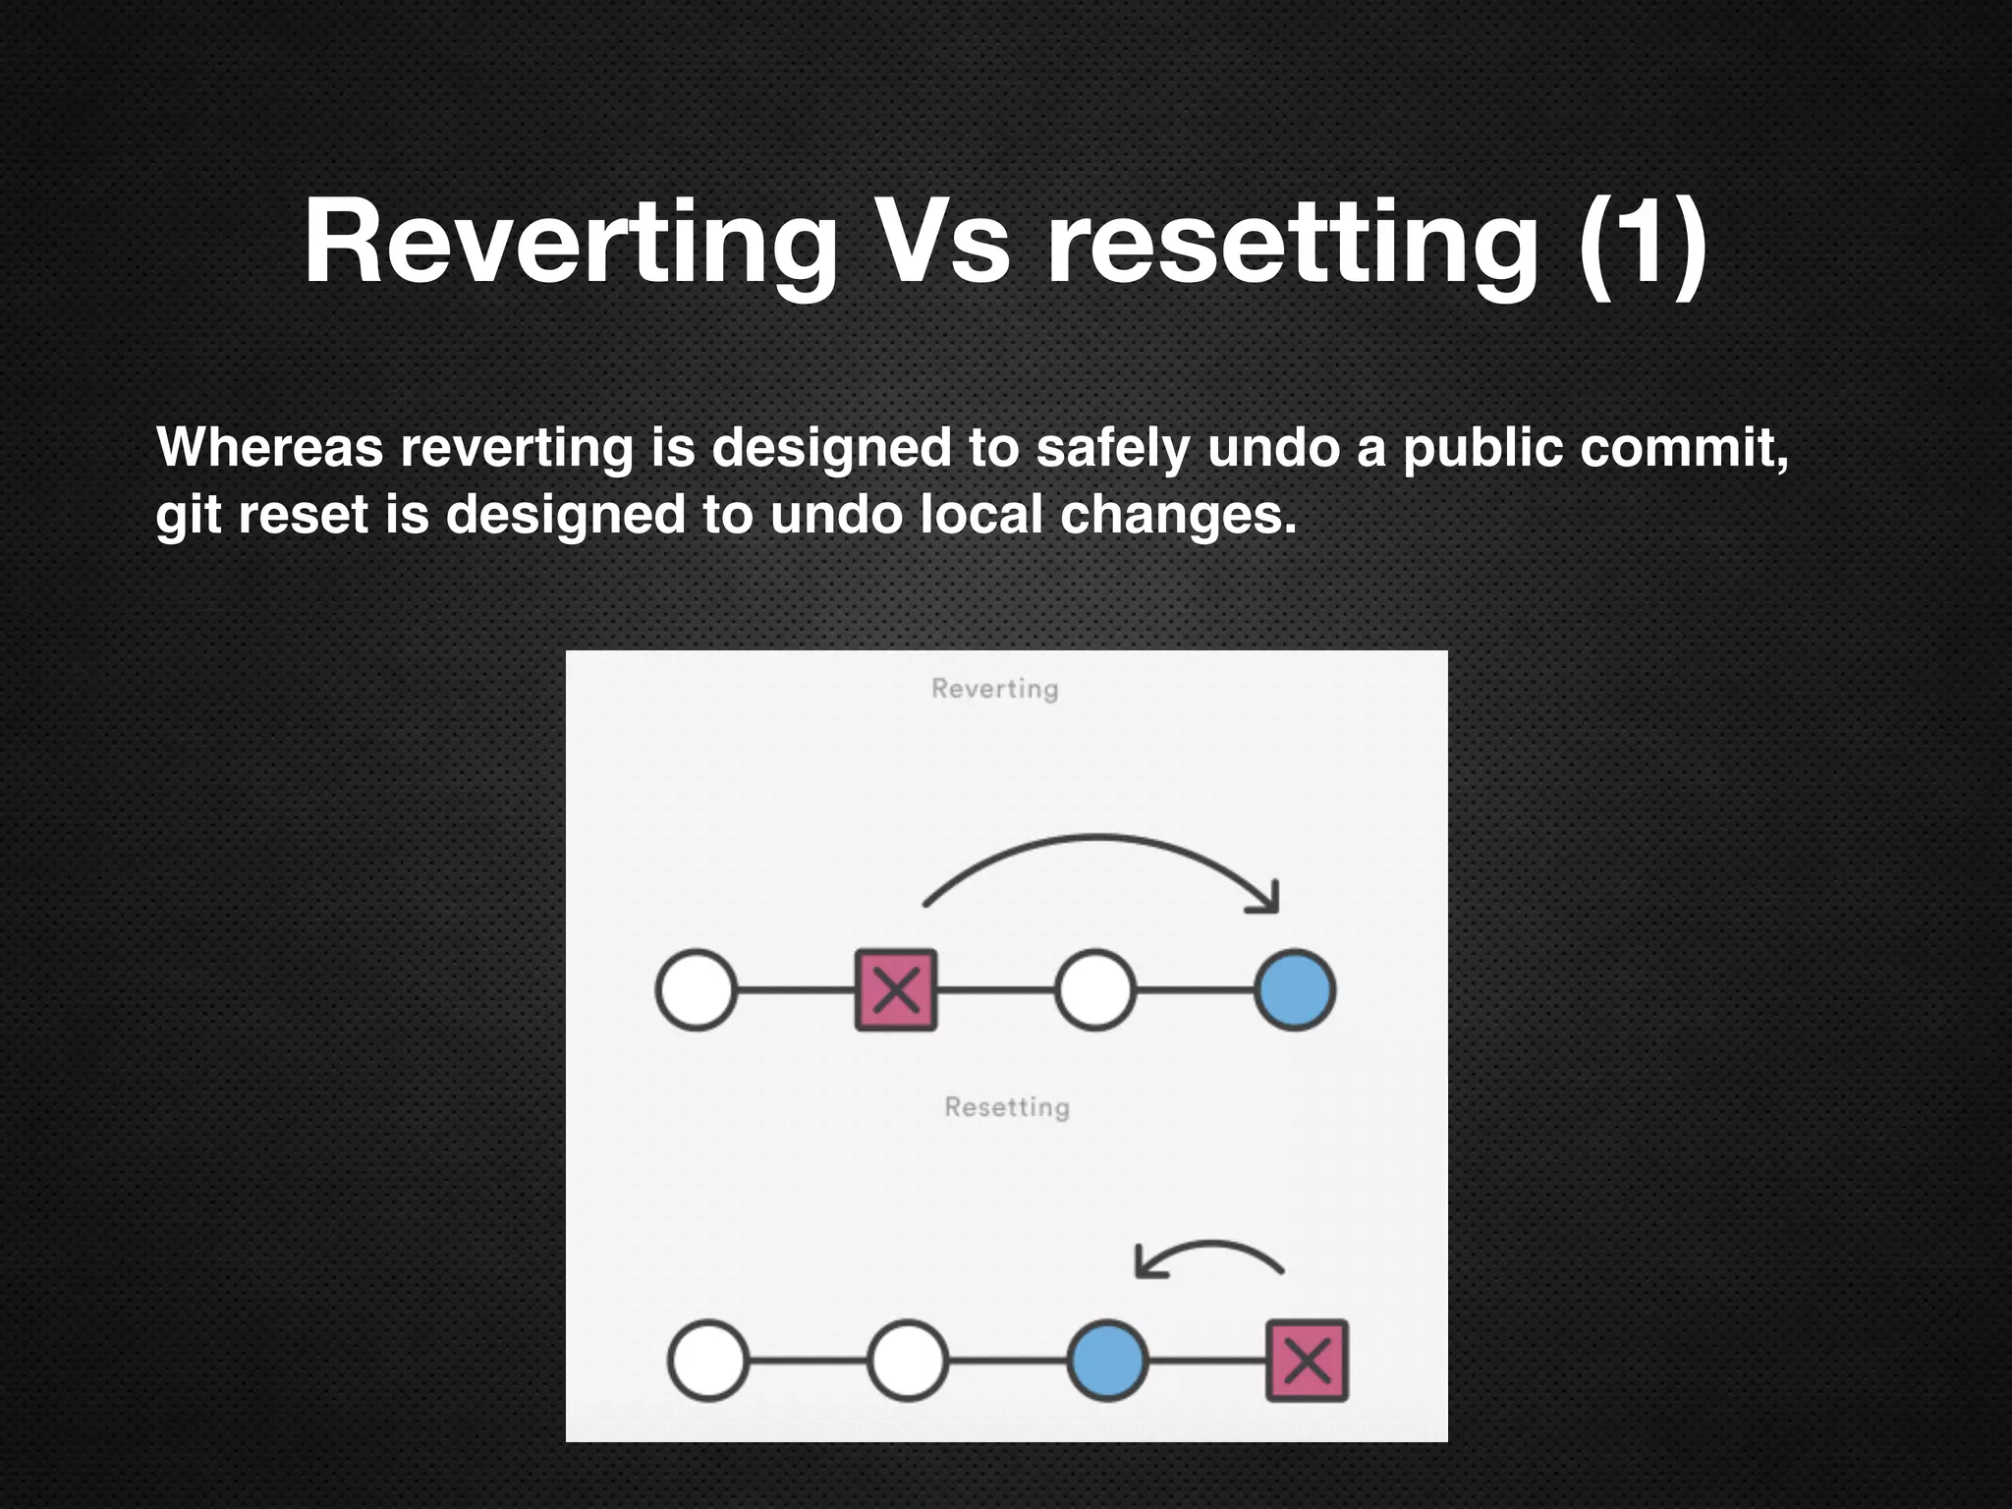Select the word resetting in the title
point(1291,243)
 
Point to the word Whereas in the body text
point(269,447)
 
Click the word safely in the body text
point(1112,449)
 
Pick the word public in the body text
point(1482,449)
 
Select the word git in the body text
point(187,516)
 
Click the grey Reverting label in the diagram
point(994,689)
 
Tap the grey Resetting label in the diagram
point(1006,1107)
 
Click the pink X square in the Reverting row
point(895,989)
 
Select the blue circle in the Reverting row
point(1294,989)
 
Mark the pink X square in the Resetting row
point(1307,1361)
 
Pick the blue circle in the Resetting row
point(1107,1361)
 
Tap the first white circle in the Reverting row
point(696,989)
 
